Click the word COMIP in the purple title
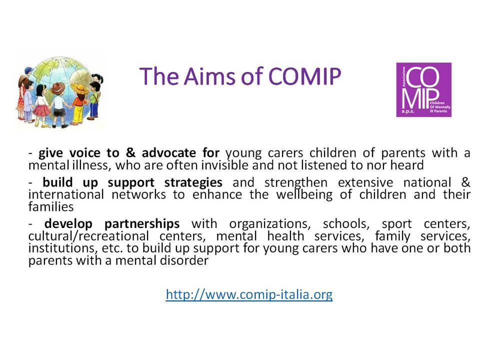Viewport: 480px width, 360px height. point(304,76)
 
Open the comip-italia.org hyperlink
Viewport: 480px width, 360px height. point(249,294)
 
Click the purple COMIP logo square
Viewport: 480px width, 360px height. point(423,89)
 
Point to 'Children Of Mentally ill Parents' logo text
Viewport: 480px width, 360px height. point(440,107)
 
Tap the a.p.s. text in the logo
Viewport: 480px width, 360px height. point(408,111)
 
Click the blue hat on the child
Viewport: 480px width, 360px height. point(29,70)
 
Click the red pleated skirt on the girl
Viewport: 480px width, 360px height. point(42,109)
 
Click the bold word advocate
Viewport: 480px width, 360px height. point(169,153)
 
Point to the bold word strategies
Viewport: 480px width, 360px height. point(193,183)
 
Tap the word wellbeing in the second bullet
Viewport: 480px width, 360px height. point(304,194)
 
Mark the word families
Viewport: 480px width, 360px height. point(51,206)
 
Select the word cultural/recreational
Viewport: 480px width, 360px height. point(89,236)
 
